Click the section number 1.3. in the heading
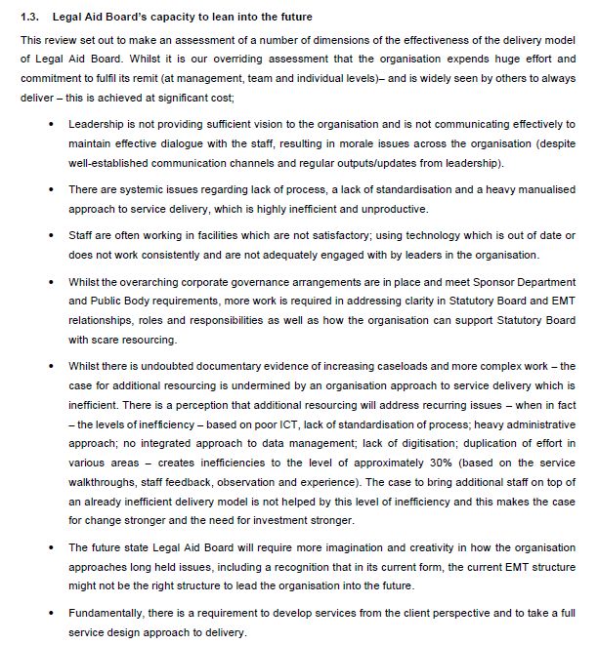30,16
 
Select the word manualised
542,191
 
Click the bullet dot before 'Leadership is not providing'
51,127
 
